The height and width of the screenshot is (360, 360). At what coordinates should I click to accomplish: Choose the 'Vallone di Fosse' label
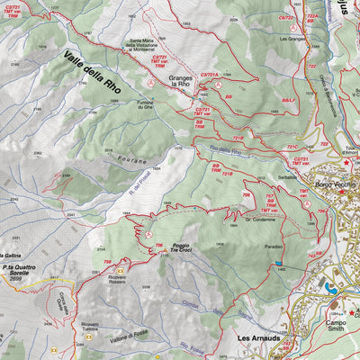coord(125,335)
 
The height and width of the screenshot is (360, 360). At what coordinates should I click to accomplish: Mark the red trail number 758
coord(108,262)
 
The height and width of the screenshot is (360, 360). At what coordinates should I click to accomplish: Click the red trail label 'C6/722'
coord(286,18)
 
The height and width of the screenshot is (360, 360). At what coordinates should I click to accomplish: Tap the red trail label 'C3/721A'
coord(209,75)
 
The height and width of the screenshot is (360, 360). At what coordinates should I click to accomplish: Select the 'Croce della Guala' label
coord(65,301)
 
